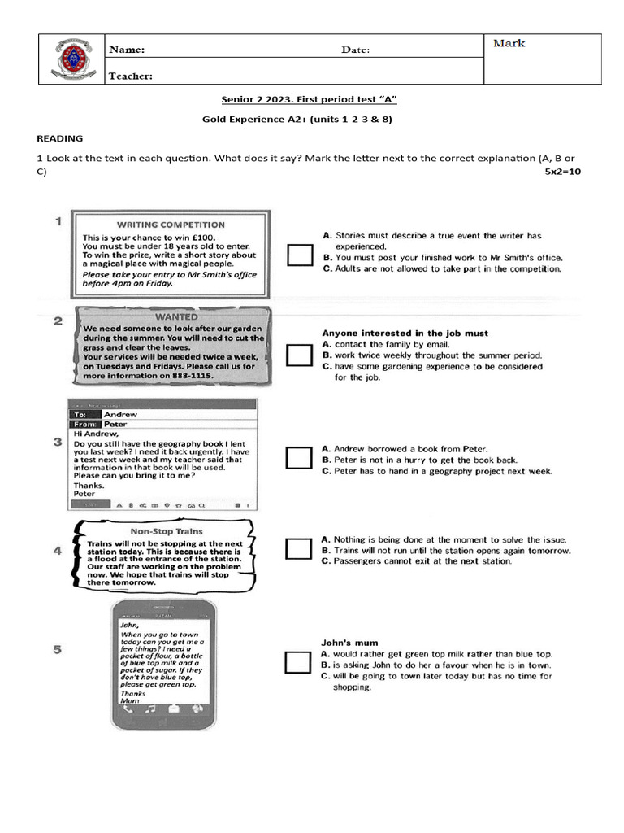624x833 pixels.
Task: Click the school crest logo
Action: coord(73,59)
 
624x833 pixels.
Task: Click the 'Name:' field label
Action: coord(128,50)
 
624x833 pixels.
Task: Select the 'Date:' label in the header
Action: coord(355,50)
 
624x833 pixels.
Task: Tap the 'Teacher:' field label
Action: coord(131,76)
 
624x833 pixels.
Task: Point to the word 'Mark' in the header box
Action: coord(509,43)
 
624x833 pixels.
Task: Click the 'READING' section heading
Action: coord(60,138)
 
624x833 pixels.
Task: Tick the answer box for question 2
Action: coord(299,355)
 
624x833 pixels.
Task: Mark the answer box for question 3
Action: coord(299,458)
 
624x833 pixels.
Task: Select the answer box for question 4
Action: coord(299,549)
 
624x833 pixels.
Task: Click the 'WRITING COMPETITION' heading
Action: coord(171,225)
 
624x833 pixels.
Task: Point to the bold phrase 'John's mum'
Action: coord(349,641)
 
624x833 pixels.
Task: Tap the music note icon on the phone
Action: coord(150,709)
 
